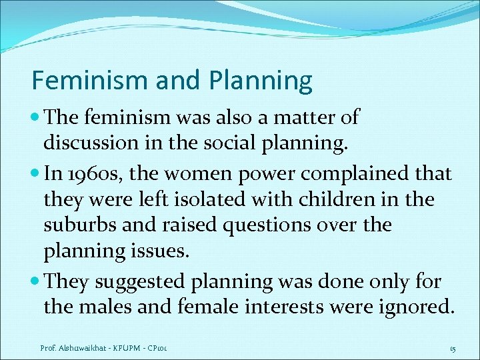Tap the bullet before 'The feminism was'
coord(35,118)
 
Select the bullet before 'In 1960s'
coord(35,175)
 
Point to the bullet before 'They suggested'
coord(35,282)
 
